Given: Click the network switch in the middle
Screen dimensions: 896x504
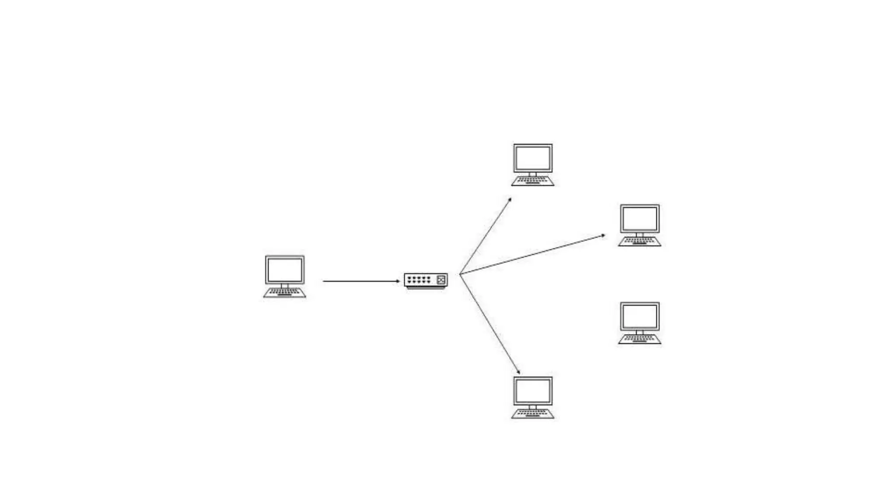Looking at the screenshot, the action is tap(425, 280).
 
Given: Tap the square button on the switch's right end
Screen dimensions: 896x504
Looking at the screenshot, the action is tap(441, 280).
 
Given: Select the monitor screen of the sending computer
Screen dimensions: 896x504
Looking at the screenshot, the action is tap(284, 269).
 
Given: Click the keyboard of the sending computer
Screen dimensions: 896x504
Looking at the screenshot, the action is tap(284, 292).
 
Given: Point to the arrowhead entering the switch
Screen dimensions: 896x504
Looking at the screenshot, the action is tap(398, 281).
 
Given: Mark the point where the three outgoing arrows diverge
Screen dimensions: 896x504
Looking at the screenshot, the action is tap(460, 274).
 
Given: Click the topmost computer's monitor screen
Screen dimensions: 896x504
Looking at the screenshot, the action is tap(532, 158).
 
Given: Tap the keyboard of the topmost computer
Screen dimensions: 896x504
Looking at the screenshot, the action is tap(532, 181).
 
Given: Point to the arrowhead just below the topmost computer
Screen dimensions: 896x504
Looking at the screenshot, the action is tap(510, 199).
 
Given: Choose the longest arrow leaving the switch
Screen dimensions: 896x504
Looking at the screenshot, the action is tap(532, 255).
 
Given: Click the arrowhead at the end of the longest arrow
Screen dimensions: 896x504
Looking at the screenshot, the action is tap(604, 235).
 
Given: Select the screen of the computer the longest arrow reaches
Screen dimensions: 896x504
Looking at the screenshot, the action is tap(639, 218).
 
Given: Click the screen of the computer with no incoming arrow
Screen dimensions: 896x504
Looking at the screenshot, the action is tap(639, 316).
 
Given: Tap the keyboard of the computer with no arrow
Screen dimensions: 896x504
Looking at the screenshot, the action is tap(639, 339).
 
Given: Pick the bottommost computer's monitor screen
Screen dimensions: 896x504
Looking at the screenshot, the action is tap(532, 391).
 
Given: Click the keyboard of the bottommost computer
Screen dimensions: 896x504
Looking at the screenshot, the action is tap(532, 413).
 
